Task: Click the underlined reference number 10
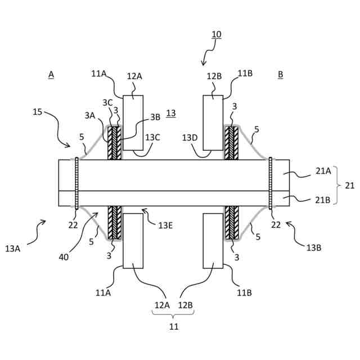pyautogui.click(x=217, y=34)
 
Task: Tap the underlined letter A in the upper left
pyautogui.click(x=51, y=74)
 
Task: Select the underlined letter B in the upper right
pyautogui.click(x=281, y=74)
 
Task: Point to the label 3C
pyautogui.click(x=107, y=102)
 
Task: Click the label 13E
pyautogui.click(x=165, y=225)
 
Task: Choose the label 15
pyautogui.click(x=37, y=112)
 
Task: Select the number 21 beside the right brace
pyautogui.click(x=349, y=185)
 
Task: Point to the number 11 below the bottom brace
pyautogui.click(x=173, y=326)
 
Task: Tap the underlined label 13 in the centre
pyautogui.click(x=171, y=112)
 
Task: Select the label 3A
pyautogui.click(x=90, y=115)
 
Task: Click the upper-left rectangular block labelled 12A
pyautogui.click(x=133, y=122)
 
